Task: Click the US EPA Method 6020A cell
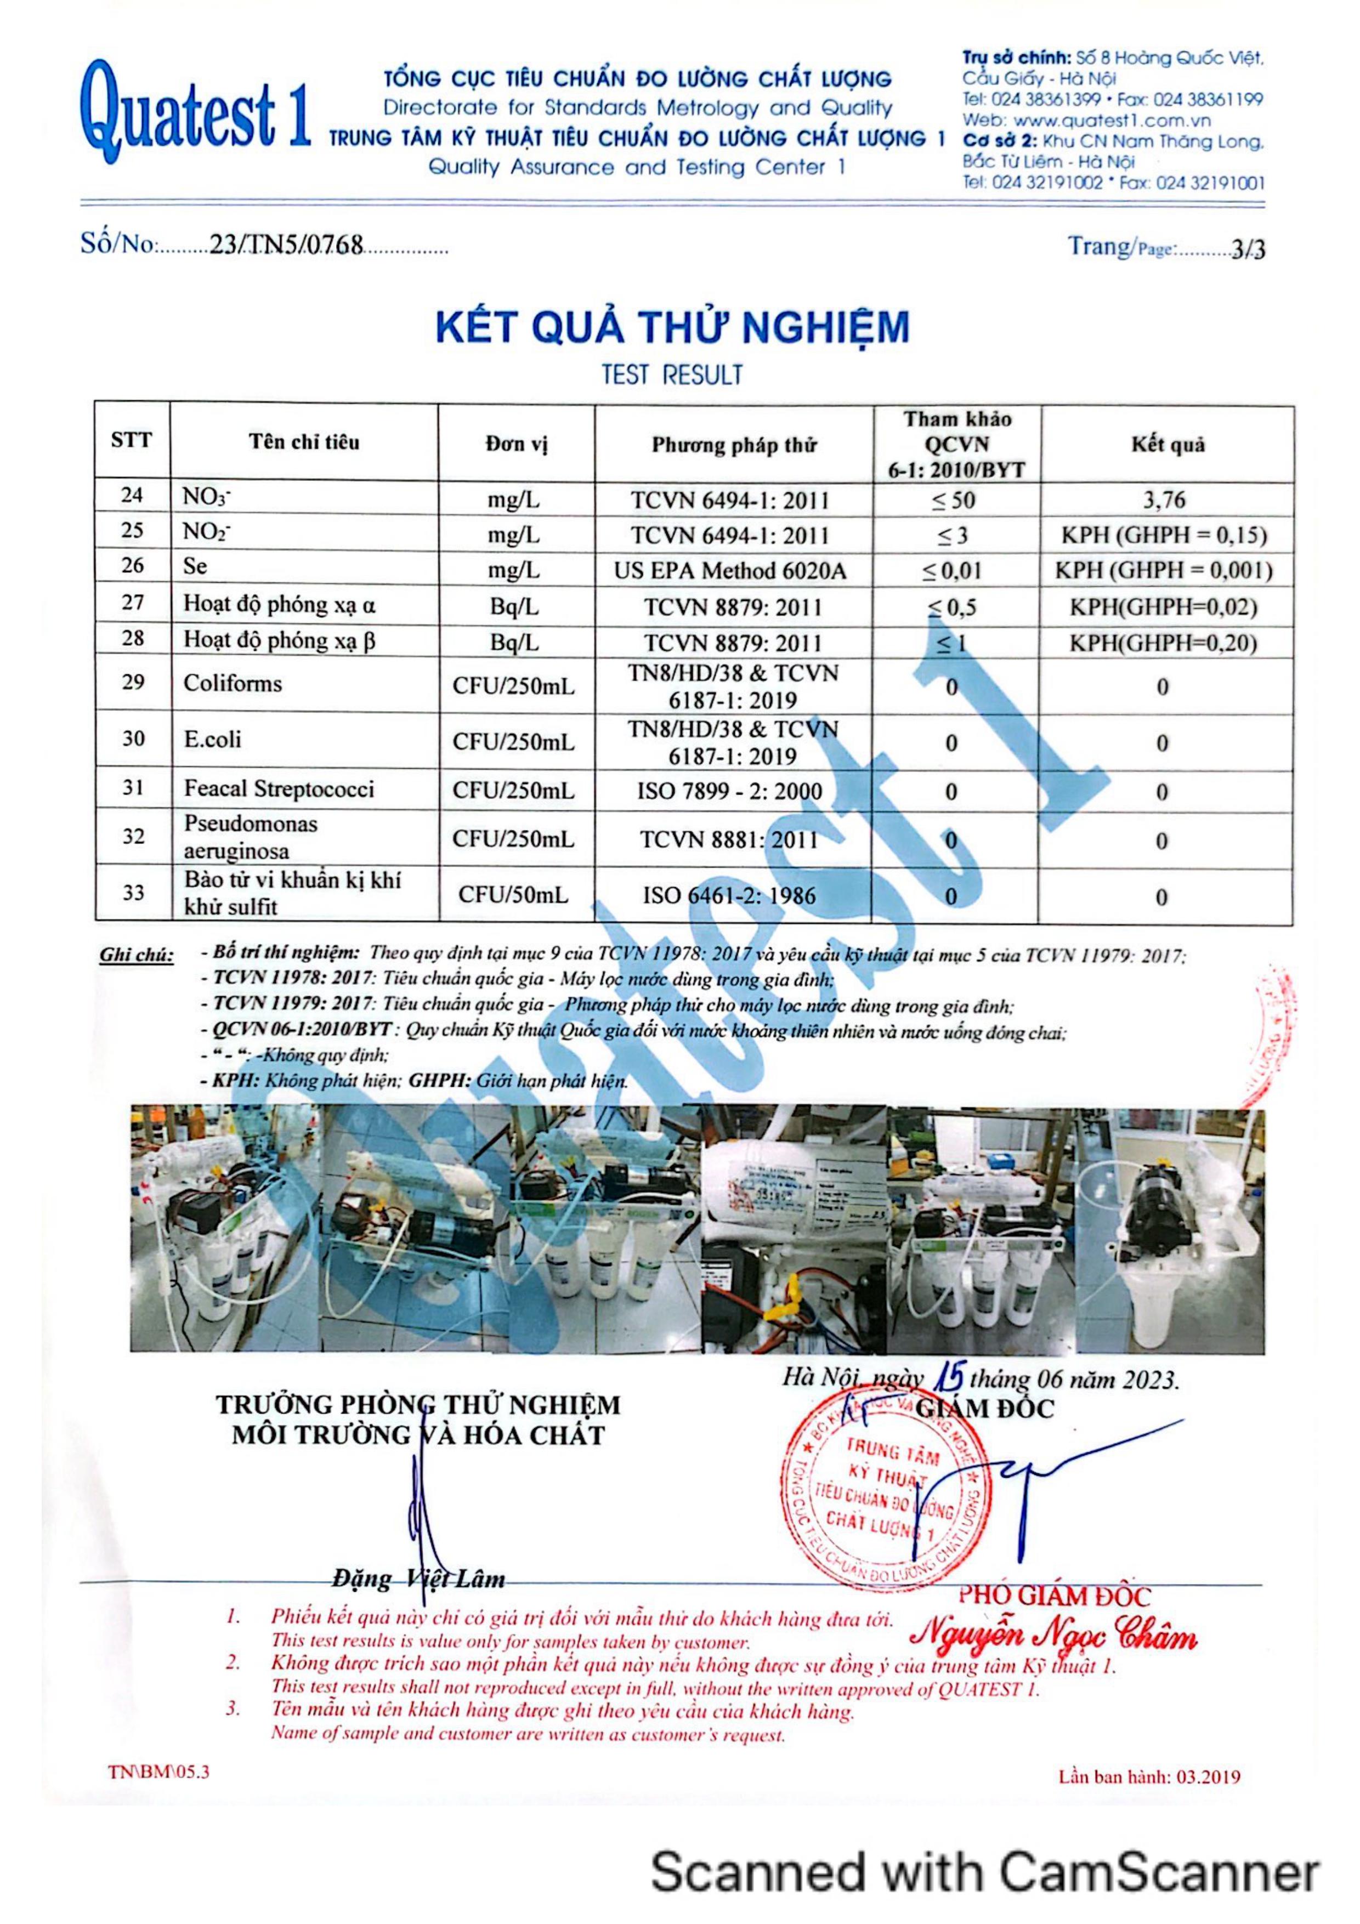730,571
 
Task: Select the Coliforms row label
233,684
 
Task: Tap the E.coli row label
213,739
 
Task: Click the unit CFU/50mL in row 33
513,895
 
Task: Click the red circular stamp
871,1500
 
